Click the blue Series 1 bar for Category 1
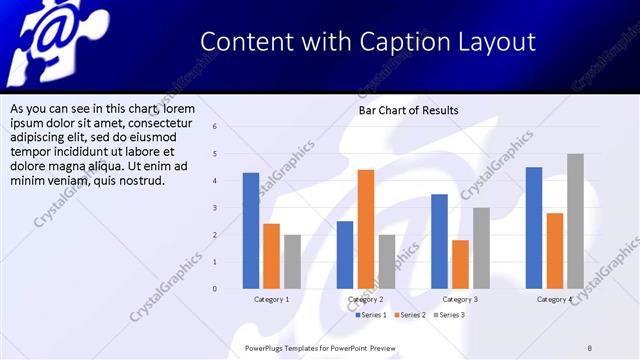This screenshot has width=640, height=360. [251, 231]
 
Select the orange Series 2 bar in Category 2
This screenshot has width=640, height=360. [366, 229]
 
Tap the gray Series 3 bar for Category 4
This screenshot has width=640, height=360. [575, 221]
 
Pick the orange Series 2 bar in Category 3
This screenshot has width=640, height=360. [460, 264]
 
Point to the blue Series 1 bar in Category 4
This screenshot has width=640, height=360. [534, 228]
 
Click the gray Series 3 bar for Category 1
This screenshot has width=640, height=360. [292, 262]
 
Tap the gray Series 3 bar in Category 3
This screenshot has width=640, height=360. [481, 248]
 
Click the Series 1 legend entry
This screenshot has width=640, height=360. [372, 315]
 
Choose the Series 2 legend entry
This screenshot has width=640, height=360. [410, 315]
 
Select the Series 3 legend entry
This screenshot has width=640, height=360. [449, 315]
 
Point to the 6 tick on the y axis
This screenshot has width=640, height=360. [214, 127]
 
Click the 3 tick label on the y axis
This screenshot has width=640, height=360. [214, 208]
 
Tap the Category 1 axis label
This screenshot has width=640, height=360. [271, 299]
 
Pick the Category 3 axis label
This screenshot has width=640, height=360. [460, 299]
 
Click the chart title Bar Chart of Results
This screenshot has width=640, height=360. [409, 110]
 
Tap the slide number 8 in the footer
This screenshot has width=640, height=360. [589, 347]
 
